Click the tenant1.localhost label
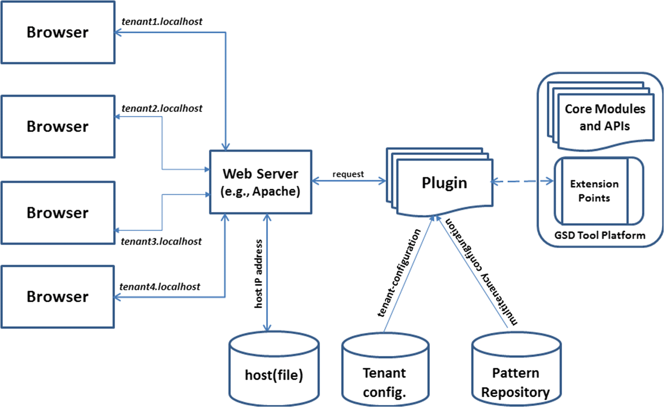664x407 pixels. [x=162, y=22]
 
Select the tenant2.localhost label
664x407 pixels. [x=162, y=108]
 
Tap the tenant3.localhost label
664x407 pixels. [x=161, y=241]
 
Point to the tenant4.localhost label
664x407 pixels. [x=160, y=286]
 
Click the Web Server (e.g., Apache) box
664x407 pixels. [x=260, y=182]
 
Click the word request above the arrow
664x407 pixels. [x=348, y=174]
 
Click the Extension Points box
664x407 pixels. [x=594, y=191]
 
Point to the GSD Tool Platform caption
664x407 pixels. [x=600, y=235]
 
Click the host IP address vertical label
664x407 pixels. [x=259, y=274]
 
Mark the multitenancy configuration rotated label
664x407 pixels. [x=481, y=272]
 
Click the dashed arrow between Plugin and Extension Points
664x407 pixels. [x=522, y=181]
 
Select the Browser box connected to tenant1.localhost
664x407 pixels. [x=58, y=32]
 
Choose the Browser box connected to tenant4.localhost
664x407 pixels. [x=58, y=297]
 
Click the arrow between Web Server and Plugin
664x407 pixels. [x=348, y=181]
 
